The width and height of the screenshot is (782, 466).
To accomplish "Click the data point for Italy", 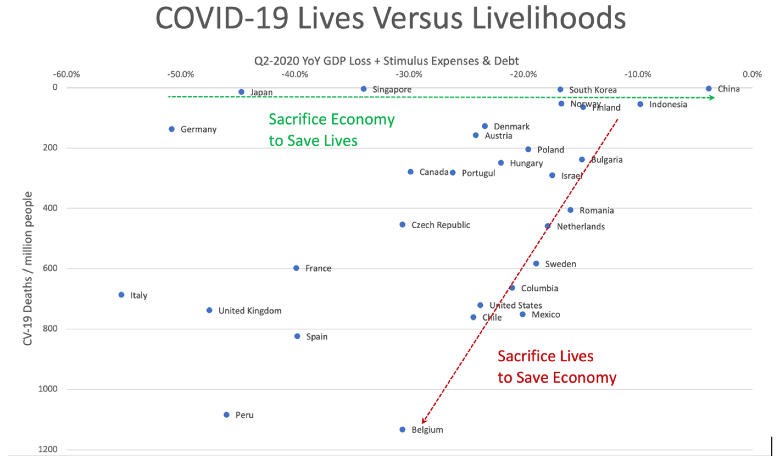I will [x=121, y=295].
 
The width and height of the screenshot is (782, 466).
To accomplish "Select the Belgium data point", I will [x=402, y=430].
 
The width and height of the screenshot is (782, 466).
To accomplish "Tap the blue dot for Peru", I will [x=226, y=415].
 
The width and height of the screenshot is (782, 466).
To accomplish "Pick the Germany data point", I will [x=172, y=129].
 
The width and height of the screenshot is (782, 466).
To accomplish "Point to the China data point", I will [x=709, y=89].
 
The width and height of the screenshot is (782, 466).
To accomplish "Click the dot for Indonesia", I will [x=640, y=104].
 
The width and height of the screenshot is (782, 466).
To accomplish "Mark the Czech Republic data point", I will [x=402, y=225].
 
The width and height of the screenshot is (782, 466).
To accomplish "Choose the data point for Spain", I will [x=297, y=337].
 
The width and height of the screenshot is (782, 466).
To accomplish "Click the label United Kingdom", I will [x=250, y=310].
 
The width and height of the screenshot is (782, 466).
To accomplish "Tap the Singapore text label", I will [x=392, y=89].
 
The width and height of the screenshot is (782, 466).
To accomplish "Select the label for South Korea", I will [x=593, y=90].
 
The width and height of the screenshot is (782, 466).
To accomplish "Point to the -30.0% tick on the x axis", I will [x=409, y=74].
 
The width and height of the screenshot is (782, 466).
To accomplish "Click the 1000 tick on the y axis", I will [x=48, y=389].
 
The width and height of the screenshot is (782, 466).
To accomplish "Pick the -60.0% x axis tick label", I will [x=66, y=74].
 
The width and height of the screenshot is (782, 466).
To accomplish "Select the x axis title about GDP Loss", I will [x=386, y=61].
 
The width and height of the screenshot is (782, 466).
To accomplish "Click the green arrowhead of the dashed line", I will [x=712, y=98].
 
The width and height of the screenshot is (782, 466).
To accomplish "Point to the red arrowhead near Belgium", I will [x=424, y=421].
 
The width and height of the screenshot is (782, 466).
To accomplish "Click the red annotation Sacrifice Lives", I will [x=545, y=356].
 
